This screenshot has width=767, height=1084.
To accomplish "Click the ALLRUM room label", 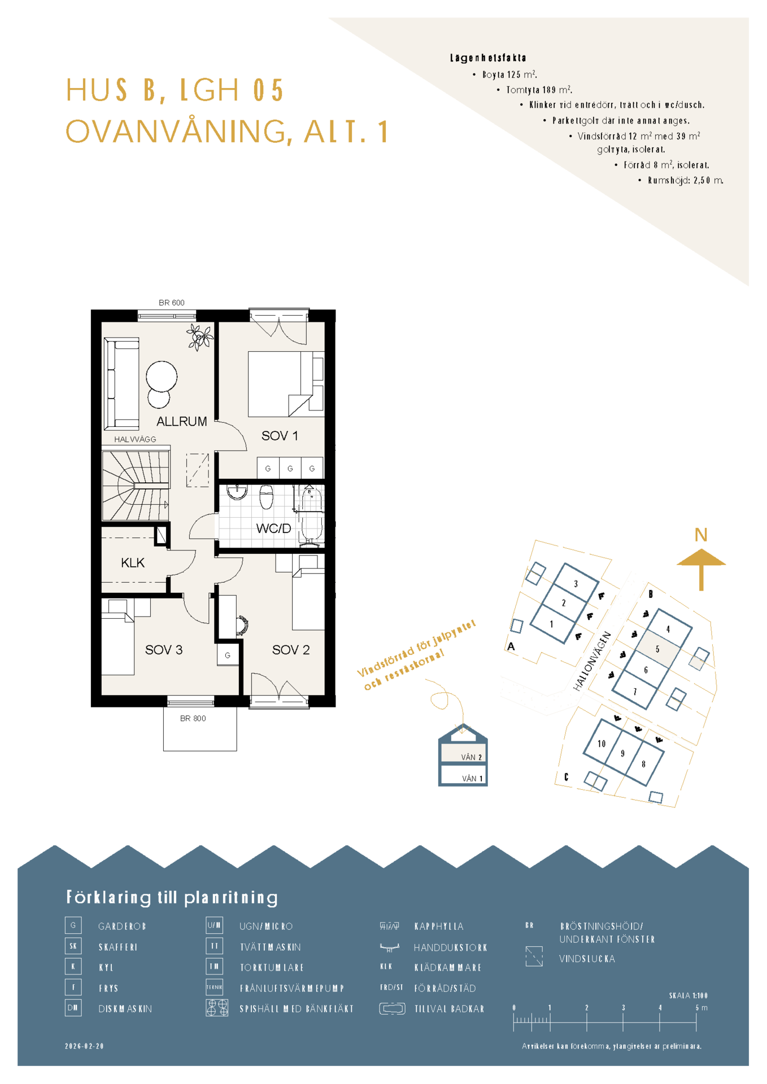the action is (x=181, y=421).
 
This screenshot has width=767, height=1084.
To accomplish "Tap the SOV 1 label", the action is (x=280, y=436).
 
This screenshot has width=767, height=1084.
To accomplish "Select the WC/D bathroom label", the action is (x=273, y=528).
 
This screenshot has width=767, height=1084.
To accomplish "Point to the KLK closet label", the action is (x=133, y=563).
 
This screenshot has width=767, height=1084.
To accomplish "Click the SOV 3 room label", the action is (x=164, y=650).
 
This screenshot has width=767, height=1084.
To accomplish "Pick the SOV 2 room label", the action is (x=291, y=650).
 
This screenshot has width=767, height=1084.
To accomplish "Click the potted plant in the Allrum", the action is (x=199, y=337).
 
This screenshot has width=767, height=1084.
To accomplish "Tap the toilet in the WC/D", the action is (x=266, y=497).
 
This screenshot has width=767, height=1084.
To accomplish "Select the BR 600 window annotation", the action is (x=172, y=303).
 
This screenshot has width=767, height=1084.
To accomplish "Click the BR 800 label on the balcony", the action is (x=193, y=719).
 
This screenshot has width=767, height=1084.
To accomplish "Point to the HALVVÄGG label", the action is (x=135, y=439).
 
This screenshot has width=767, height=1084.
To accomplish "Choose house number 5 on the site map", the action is (x=657, y=649).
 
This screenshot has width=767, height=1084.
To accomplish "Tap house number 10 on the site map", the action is (x=602, y=744).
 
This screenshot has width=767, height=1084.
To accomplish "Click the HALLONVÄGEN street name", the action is (x=592, y=661).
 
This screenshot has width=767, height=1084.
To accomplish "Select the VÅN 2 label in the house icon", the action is (x=472, y=757).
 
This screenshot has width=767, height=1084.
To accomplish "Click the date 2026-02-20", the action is (x=85, y=1046).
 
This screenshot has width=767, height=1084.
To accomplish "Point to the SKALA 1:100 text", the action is (x=688, y=995).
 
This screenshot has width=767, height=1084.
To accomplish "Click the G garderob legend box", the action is (x=73, y=925).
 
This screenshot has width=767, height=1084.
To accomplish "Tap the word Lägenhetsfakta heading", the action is (x=488, y=58).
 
